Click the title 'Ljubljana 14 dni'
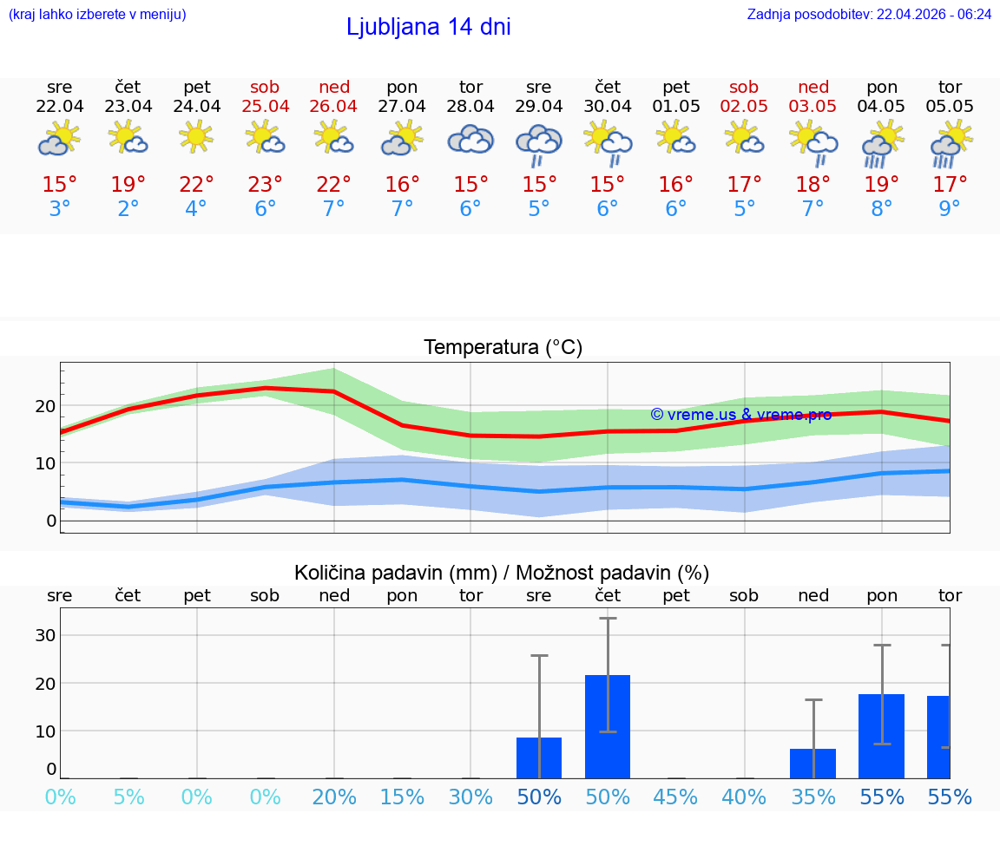click(428, 27)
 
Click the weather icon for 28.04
click(470, 140)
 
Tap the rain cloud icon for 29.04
click(539, 143)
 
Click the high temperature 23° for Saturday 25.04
click(265, 184)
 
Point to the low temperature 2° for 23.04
click(128, 208)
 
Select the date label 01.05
click(676, 106)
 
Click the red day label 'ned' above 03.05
click(813, 87)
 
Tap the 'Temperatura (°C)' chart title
click(503, 348)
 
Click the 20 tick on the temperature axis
click(45, 405)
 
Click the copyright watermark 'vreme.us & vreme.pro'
click(740, 415)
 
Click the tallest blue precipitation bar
click(608, 726)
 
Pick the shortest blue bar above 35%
click(813, 764)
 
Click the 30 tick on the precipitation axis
click(45, 635)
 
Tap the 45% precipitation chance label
click(676, 797)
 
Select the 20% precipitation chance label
click(334, 797)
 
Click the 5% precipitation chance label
click(128, 797)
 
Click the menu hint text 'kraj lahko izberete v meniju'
click(96, 14)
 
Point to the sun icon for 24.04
click(197, 137)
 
